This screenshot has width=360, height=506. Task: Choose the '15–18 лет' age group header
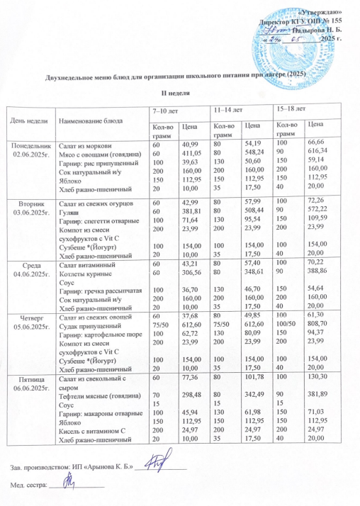292,108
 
